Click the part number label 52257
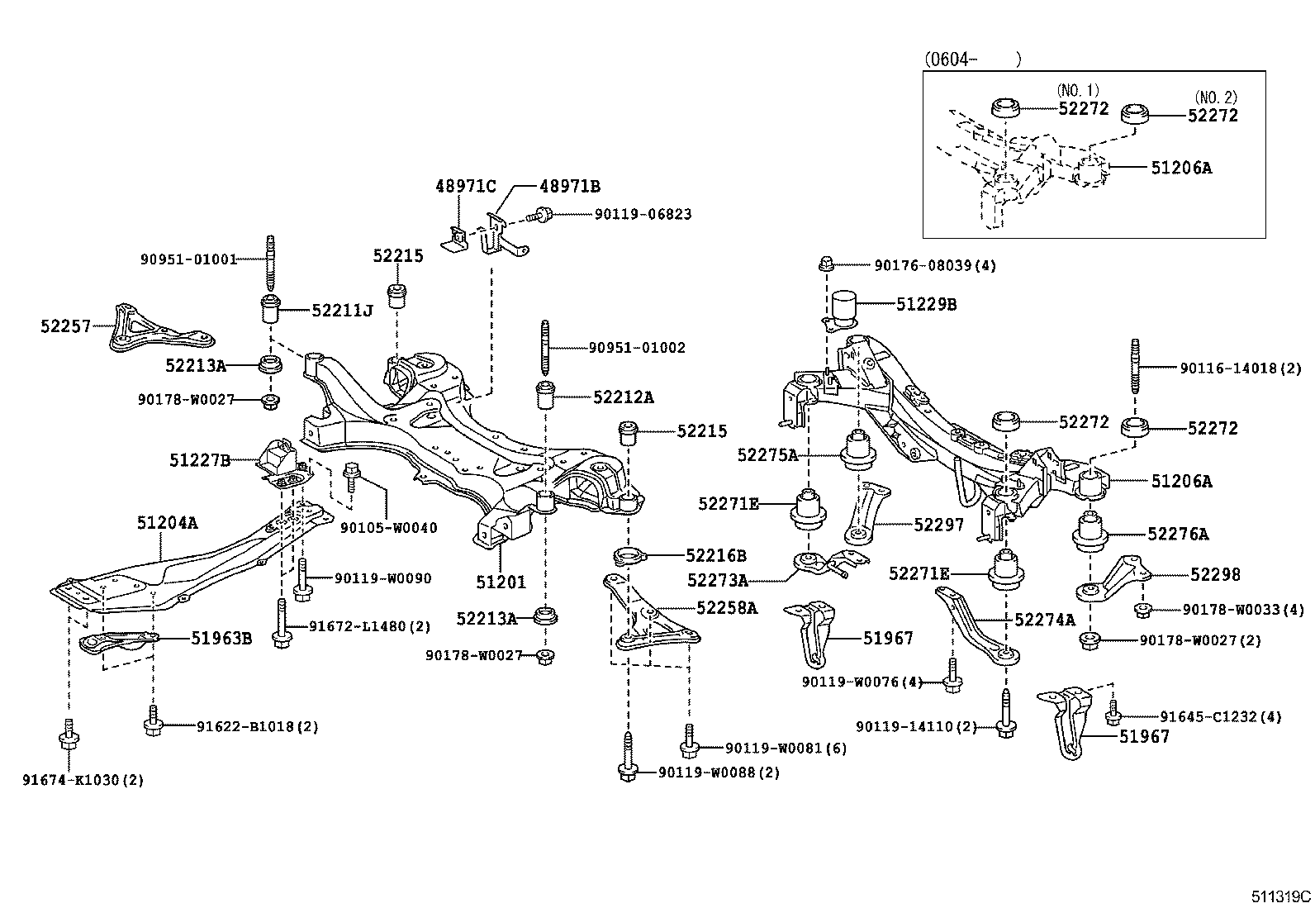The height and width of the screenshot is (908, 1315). point(66,326)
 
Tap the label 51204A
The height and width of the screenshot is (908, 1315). point(167,522)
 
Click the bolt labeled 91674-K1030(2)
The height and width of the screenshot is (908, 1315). point(68,738)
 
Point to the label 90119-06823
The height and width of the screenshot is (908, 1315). point(643,214)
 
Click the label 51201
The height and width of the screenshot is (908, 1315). point(501,582)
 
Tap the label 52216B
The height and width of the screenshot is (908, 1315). point(715,555)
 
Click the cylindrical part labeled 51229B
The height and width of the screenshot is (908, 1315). point(847,307)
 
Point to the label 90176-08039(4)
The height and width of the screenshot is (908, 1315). point(935,265)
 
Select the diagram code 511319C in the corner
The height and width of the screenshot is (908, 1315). point(1279,896)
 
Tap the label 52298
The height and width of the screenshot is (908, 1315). point(1215,574)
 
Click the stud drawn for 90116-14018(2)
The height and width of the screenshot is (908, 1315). point(1135,368)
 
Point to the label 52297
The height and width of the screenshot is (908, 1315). point(938,525)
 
